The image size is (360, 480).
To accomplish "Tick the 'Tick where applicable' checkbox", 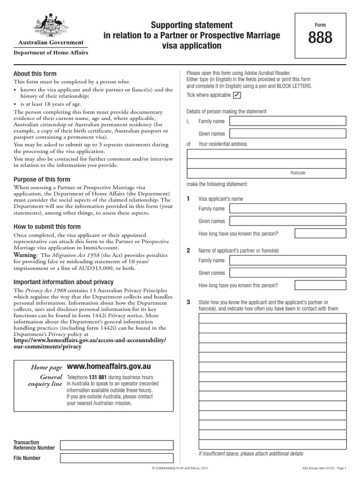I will pos(237,95).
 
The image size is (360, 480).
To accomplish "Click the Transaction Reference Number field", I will pos(117,445).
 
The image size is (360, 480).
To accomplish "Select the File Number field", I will pos(117,458).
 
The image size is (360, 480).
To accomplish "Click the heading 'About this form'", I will pos(35,74).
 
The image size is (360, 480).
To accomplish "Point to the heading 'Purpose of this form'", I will pos(42,180).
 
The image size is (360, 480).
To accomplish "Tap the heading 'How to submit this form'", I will pos(47,227).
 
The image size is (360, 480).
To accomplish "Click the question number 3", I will pos(188,302).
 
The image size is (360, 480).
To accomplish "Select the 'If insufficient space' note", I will pos(251,454).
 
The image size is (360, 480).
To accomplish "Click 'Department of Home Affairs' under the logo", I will pos(51,53).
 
